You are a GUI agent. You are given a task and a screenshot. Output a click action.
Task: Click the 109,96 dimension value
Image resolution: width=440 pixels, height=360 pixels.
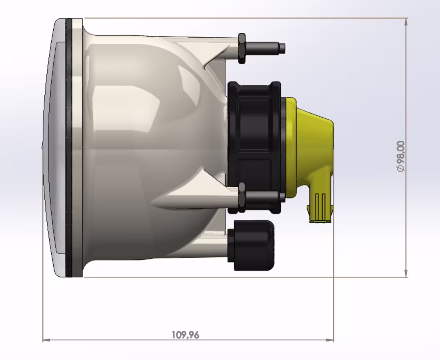click(185, 334)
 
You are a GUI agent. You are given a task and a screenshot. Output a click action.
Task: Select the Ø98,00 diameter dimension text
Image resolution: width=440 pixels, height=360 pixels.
click(400, 156)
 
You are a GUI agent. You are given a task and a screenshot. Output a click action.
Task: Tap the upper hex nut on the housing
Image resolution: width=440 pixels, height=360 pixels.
click(242, 48)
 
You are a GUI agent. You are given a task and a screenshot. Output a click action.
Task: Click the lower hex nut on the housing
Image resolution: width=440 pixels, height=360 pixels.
click(242, 196)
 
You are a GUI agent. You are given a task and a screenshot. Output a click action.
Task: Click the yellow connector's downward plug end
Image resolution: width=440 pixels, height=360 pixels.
click(320, 208)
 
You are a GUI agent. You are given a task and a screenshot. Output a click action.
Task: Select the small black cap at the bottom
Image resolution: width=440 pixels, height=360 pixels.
click(251, 244)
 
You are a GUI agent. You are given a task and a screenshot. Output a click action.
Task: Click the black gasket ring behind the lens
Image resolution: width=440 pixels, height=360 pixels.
click(69, 148)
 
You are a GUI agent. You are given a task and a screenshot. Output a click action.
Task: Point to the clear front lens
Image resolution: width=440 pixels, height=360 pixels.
click(54, 148)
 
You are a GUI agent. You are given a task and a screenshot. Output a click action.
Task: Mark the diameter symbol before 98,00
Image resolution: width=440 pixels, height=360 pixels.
click(400, 169)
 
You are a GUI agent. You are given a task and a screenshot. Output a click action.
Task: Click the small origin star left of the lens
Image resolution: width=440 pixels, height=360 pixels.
click(42, 148)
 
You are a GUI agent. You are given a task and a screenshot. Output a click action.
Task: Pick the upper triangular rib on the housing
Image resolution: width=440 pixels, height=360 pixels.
click(216, 60)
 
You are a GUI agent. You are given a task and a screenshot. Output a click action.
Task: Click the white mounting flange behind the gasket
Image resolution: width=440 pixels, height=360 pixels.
click(78, 148)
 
